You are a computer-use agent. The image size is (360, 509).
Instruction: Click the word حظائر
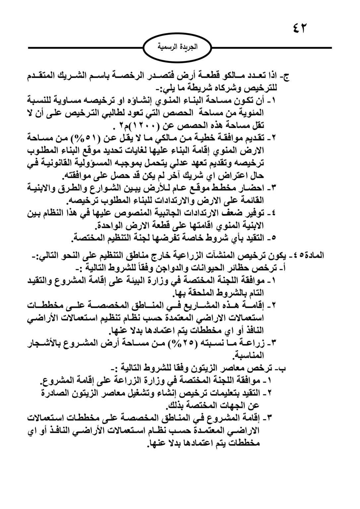click(x=246, y=268)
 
